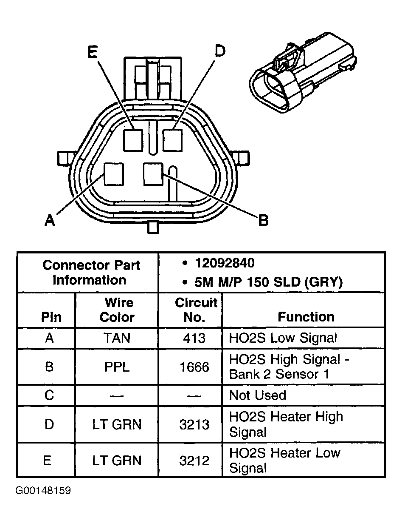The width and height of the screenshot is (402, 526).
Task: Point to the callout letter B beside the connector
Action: click(263, 220)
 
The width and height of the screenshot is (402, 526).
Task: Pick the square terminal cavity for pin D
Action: click(173, 140)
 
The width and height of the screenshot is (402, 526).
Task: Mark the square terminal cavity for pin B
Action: click(153, 173)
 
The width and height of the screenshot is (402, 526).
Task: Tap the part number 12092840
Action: click(225, 264)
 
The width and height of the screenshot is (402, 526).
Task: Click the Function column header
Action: click(306, 317)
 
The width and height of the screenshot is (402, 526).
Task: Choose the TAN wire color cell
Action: click(117, 338)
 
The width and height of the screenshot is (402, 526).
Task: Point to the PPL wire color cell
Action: click(117, 367)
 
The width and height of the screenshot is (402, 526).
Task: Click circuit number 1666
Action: click(194, 367)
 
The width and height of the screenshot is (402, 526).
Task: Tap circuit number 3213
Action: click(194, 424)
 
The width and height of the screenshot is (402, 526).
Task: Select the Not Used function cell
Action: click(258, 395)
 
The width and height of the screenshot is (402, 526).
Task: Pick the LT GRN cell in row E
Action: click(117, 461)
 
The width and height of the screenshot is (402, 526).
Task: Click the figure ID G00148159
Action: click(43, 491)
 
